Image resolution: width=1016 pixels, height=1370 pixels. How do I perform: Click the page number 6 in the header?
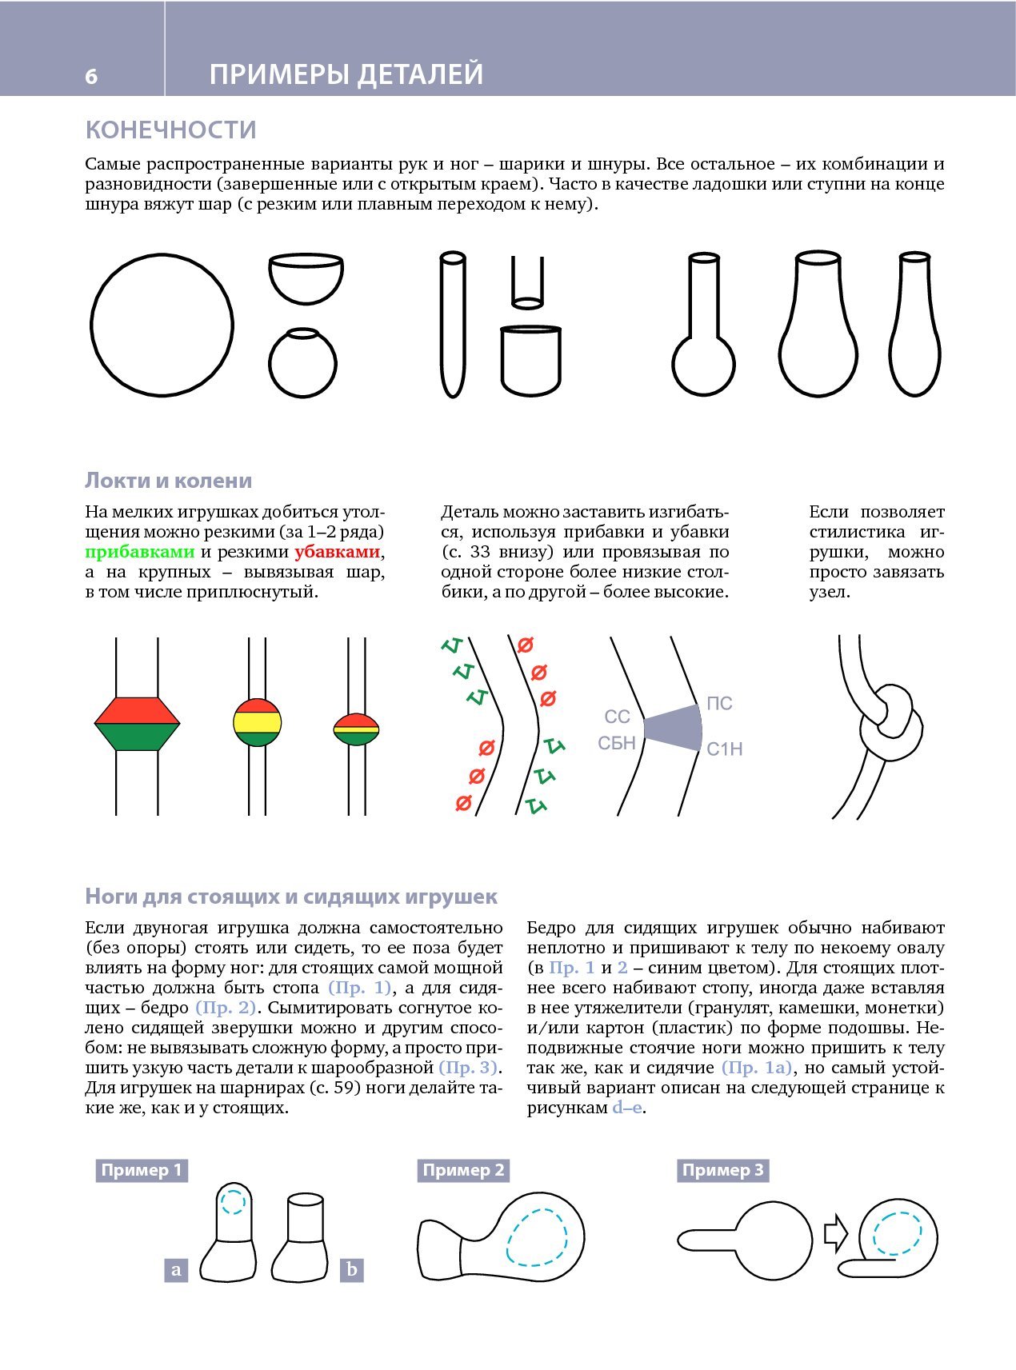[x=91, y=76]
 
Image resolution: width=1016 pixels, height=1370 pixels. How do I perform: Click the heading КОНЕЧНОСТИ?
[x=170, y=130]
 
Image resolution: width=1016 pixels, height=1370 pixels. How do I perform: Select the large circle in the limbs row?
[x=162, y=326]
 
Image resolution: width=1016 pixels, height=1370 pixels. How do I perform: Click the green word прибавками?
[x=140, y=552]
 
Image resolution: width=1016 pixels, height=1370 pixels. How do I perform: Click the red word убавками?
[x=337, y=552]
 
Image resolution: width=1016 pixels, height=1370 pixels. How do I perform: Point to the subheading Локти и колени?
[x=168, y=481]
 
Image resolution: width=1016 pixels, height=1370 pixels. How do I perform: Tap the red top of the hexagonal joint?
[x=137, y=710]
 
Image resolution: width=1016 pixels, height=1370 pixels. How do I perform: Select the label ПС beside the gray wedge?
[x=719, y=704]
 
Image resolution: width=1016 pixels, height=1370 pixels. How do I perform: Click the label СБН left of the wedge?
[x=617, y=743]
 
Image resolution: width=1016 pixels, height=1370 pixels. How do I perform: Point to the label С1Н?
[x=724, y=749]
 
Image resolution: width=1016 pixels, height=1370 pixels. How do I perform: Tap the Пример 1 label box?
[x=142, y=1171]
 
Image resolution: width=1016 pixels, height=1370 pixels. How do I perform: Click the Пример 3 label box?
[x=722, y=1171]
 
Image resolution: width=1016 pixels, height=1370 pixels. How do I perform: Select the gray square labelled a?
[x=176, y=1270]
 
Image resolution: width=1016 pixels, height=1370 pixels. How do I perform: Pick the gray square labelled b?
[x=352, y=1270]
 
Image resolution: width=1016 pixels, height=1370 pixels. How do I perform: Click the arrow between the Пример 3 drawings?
[x=835, y=1233]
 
